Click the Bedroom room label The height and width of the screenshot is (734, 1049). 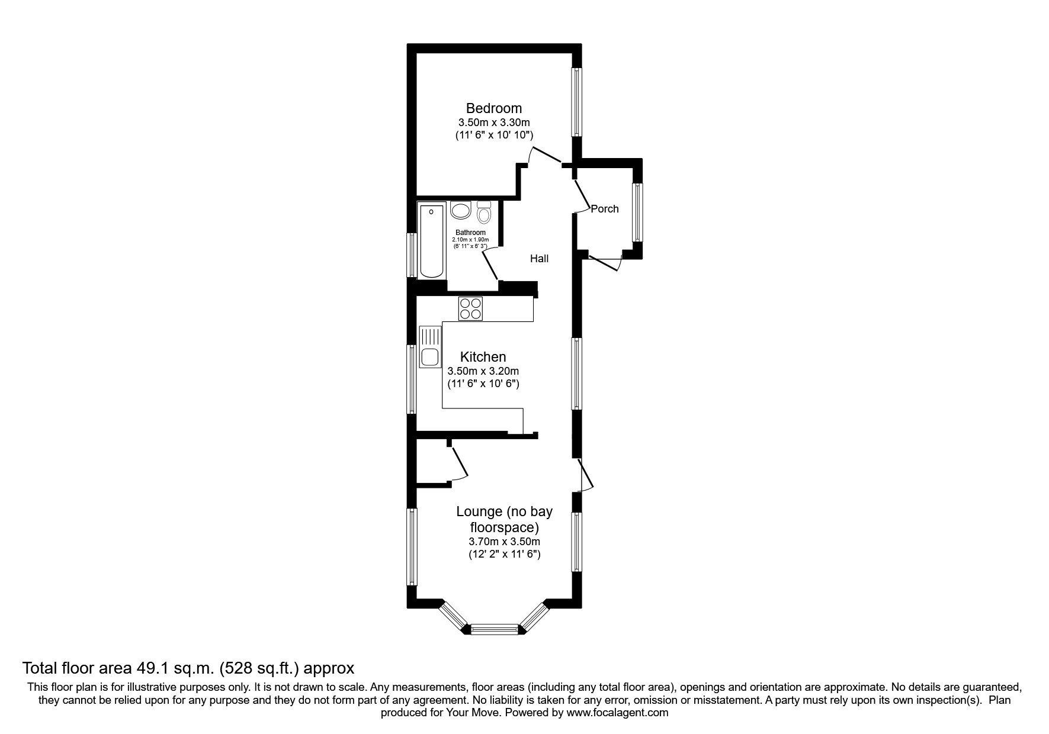click(x=493, y=108)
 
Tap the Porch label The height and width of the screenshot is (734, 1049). click(x=605, y=209)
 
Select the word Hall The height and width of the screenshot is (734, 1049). click(x=539, y=259)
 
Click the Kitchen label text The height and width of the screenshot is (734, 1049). click(x=483, y=357)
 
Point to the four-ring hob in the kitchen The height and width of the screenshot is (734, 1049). click(x=471, y=308)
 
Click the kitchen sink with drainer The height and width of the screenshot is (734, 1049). click(x=429, y=347)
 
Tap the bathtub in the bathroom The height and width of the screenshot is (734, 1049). click(x=431, y=240)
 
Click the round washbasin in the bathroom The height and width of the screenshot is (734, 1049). click(x=460, y=210)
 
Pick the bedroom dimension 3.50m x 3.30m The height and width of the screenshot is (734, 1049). click(x=493, y=123)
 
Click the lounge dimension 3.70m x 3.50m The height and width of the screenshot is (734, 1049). click(x=504, y=542)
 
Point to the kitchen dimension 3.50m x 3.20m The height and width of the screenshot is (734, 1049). click(x=483, y=371)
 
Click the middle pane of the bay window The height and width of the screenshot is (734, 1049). click(x=494, y=629)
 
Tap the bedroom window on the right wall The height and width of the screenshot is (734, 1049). click(x=576, y=102)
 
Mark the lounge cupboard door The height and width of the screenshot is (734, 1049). click(x=460, y=463)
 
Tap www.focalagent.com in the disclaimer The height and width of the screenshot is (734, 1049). click(x=617, y=713)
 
